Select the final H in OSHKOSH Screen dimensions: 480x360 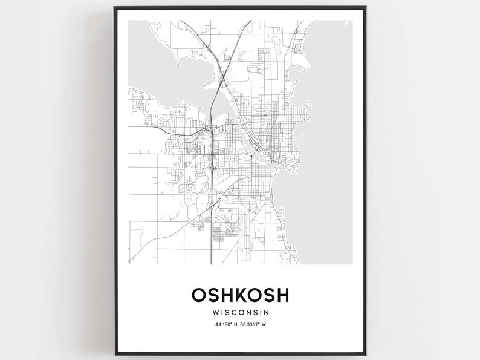click(283, 295)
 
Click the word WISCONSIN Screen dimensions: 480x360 click(240, 313)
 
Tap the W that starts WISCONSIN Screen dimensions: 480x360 click(216, 313)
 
